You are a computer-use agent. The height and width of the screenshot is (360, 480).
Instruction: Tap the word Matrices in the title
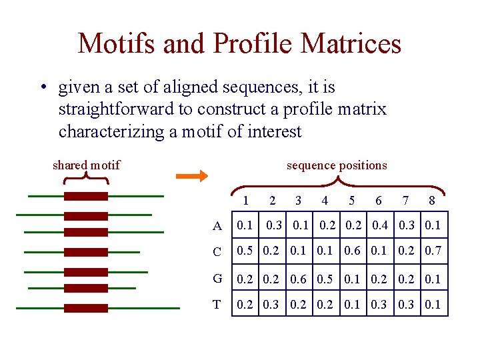tap(351, 44)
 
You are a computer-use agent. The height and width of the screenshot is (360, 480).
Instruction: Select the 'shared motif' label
tap(86, 165)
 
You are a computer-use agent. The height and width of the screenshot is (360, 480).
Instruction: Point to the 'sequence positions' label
tap(337, 165)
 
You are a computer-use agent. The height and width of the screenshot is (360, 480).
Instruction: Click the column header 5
tap(351, 201)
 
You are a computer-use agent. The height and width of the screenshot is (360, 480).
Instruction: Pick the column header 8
tap(432, 201)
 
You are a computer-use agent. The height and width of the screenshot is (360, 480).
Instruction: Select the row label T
tap(217, 305)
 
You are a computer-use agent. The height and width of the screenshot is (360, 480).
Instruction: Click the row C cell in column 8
tap(433, 251)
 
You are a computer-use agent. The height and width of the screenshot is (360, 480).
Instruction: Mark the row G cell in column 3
tap(300, 278)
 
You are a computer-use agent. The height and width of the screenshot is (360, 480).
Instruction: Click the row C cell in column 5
tap(352, 251)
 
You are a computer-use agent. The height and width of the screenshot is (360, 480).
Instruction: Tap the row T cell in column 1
tap(245, 305)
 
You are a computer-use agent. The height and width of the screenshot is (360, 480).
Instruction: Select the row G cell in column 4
tap(327, 278)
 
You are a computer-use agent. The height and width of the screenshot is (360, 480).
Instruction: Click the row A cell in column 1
tap(245, 225)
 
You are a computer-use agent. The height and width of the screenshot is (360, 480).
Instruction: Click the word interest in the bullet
tap(275, 131)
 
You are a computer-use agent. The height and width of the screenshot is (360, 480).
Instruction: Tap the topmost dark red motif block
tap(86, 196)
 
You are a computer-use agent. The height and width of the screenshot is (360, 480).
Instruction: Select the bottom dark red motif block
tap(86, 308)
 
